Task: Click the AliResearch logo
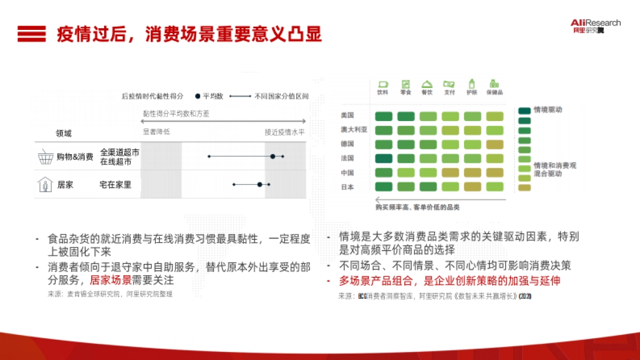[x=595, y=26]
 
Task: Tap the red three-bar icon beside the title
[x=31, y=34]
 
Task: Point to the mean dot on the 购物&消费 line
[x=273, y=156]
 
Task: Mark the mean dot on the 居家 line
[x=260, y=185]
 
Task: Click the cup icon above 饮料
[x=382, y=84]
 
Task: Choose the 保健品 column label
[x=494, y=92]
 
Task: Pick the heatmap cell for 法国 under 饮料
[x=383, y=158]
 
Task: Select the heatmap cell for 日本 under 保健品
[x=494, y=187]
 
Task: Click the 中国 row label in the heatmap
[x=347, y=173]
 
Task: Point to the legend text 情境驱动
[x=548, y=110]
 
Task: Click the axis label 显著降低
[x=156, y=132]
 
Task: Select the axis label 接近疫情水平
[x=285, y=132]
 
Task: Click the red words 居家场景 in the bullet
[x=110, y=279]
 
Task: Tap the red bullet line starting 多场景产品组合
[x=450, y=281]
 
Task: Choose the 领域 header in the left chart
[x=63, y=133]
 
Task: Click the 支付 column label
[x=449, y=92]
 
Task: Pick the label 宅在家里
[x=115, y=185]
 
